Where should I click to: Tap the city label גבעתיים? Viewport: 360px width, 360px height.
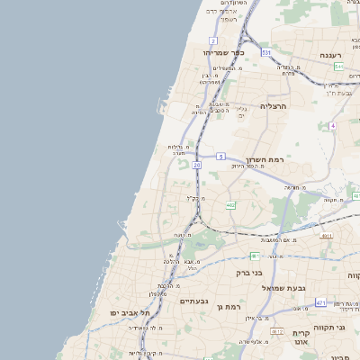point(194,301)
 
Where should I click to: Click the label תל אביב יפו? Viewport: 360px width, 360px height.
point(130,312)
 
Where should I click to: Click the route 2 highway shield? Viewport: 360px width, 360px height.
point(213,40)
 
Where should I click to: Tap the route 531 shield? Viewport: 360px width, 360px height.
point(266,53)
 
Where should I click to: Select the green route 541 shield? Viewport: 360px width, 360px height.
point(338,67)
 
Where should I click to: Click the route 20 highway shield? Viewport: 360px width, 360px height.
point(196,165)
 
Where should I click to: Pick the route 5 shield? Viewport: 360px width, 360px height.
point(220,157)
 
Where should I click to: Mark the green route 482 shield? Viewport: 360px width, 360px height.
point(231,205)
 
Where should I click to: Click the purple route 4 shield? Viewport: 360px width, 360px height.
point(332,125)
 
